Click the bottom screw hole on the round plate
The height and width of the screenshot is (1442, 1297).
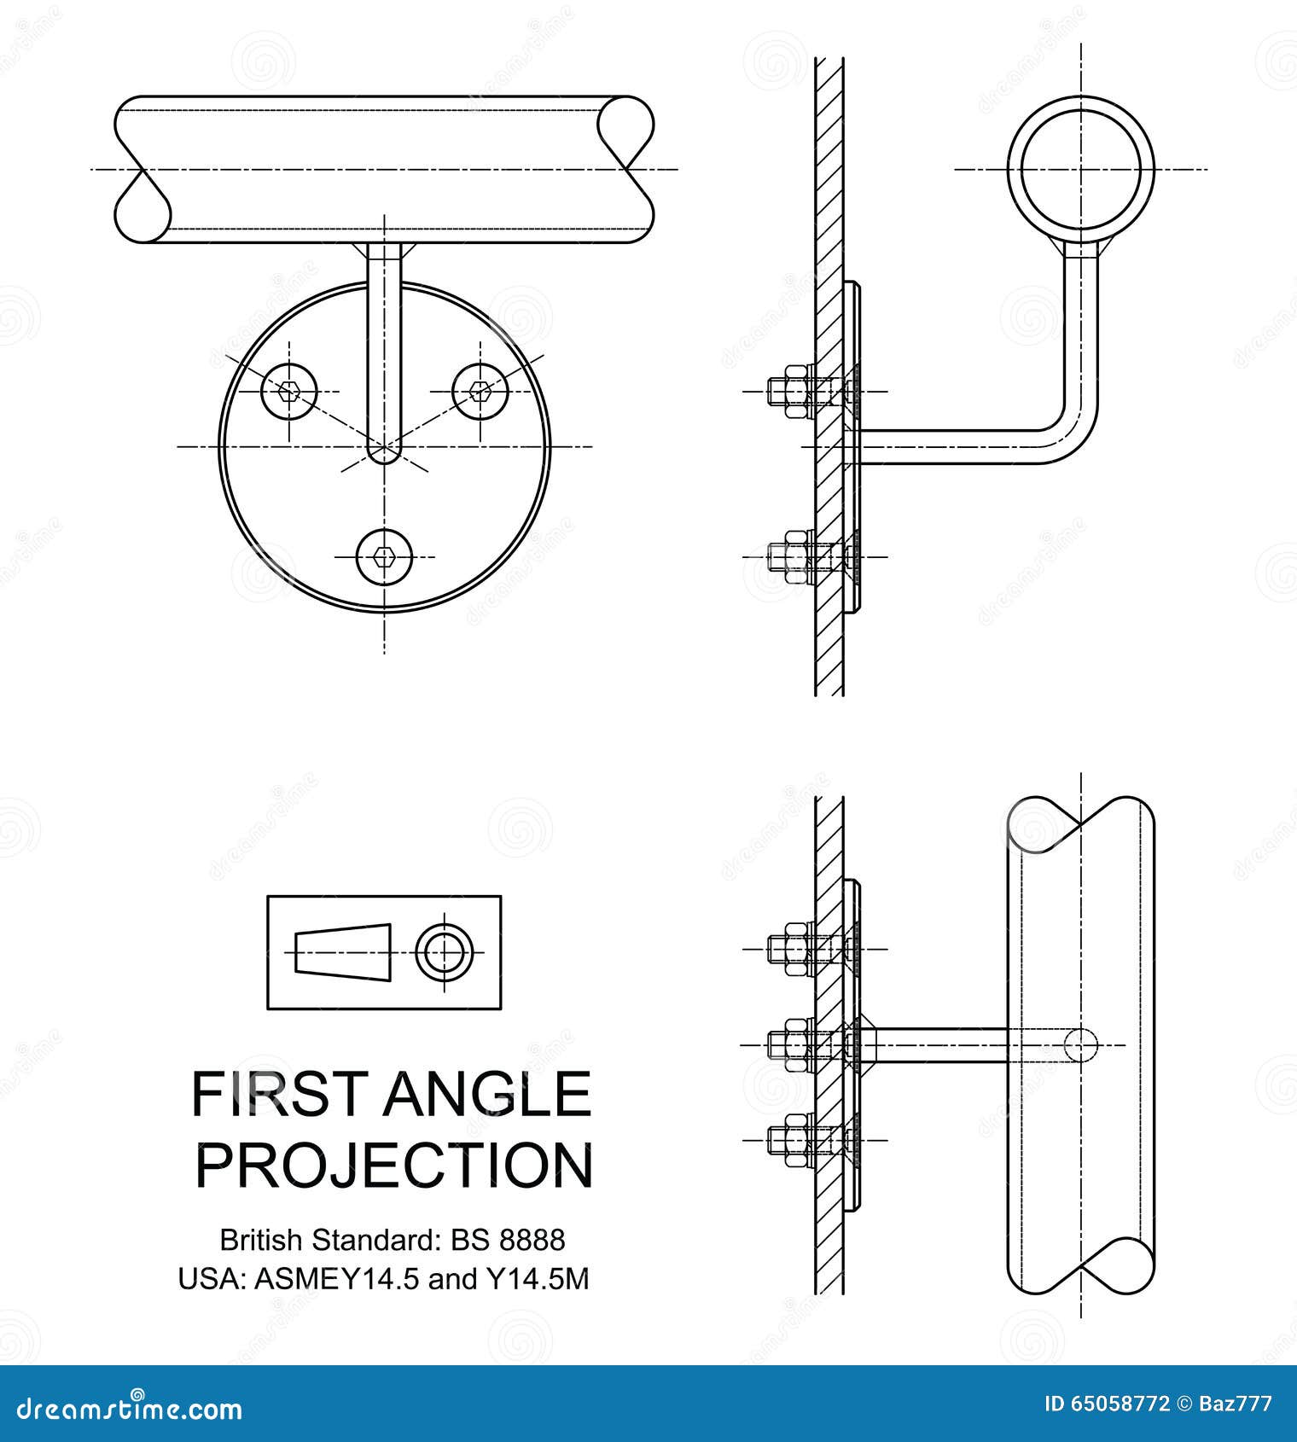tap(384, 557)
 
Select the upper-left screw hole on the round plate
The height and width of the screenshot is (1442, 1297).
tap(289, 392)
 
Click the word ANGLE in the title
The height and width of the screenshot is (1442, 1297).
tap(486, 1094)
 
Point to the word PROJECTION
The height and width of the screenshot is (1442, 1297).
tap(393, 1166)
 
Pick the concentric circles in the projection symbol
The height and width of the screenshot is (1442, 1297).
tap(445, 952)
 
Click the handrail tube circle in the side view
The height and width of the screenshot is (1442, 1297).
tap(1080, 168)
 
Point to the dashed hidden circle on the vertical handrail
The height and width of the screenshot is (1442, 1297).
tap(1080, 1044)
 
